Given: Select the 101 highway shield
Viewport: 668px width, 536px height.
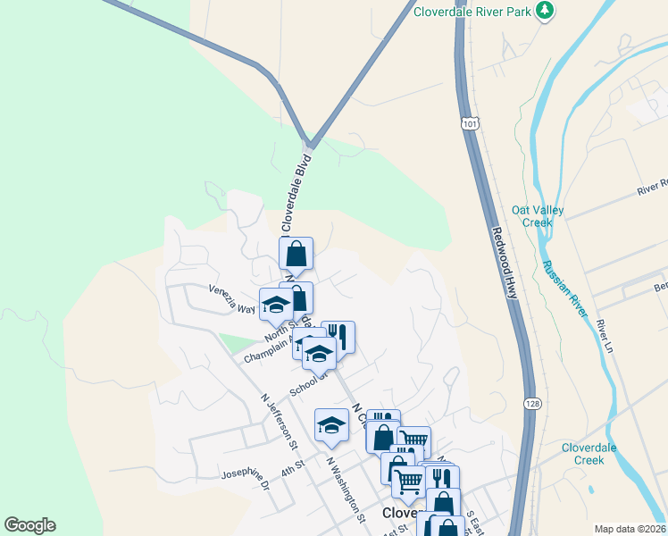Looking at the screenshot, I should tap(470, 122).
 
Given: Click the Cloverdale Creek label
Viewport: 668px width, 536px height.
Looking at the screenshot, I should tap(596, 454).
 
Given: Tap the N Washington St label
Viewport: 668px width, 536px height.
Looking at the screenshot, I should tap(346, 490).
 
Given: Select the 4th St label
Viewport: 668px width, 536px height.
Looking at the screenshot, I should tap(293, 467).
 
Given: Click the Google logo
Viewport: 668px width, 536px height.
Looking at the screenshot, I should tap(29, 525).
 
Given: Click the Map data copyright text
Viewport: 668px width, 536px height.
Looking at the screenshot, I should tap(630, 529).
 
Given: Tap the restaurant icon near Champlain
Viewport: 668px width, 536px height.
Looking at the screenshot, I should tap(338, 337).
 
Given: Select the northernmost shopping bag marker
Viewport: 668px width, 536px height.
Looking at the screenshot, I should tap(296, 254).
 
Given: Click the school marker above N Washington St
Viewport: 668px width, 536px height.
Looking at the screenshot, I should tap(331, 425).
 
